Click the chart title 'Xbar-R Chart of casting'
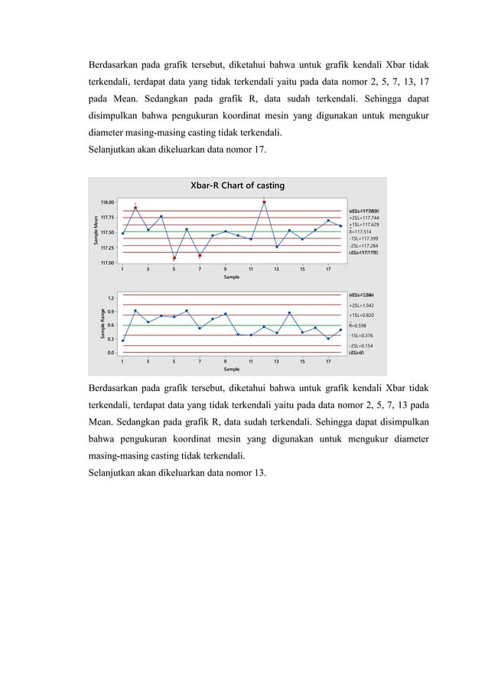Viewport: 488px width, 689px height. [x=237, y=186]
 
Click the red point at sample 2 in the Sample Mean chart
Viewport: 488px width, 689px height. [x=135, y=208]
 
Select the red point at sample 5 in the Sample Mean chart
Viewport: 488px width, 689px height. [x=174, y=258]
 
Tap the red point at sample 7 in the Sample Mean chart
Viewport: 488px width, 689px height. [x=200, y=256]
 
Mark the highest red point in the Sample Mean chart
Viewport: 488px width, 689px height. [x=264, y=202]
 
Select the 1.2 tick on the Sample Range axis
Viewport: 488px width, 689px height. [x=110, y=298]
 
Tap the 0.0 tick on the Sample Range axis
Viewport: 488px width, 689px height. [x=110, y=353]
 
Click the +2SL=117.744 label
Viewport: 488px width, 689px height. [x=364, y=218]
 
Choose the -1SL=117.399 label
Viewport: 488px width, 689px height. [x=364, y=238]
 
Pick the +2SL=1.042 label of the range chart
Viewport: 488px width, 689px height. [x=362, y=305]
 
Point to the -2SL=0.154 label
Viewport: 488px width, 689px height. [x=362, y=346]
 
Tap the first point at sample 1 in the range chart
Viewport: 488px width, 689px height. [x=122, y=341]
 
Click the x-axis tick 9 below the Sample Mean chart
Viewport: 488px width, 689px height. [x=225, y=270]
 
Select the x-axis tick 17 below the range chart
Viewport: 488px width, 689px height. [x=328, y=361]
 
